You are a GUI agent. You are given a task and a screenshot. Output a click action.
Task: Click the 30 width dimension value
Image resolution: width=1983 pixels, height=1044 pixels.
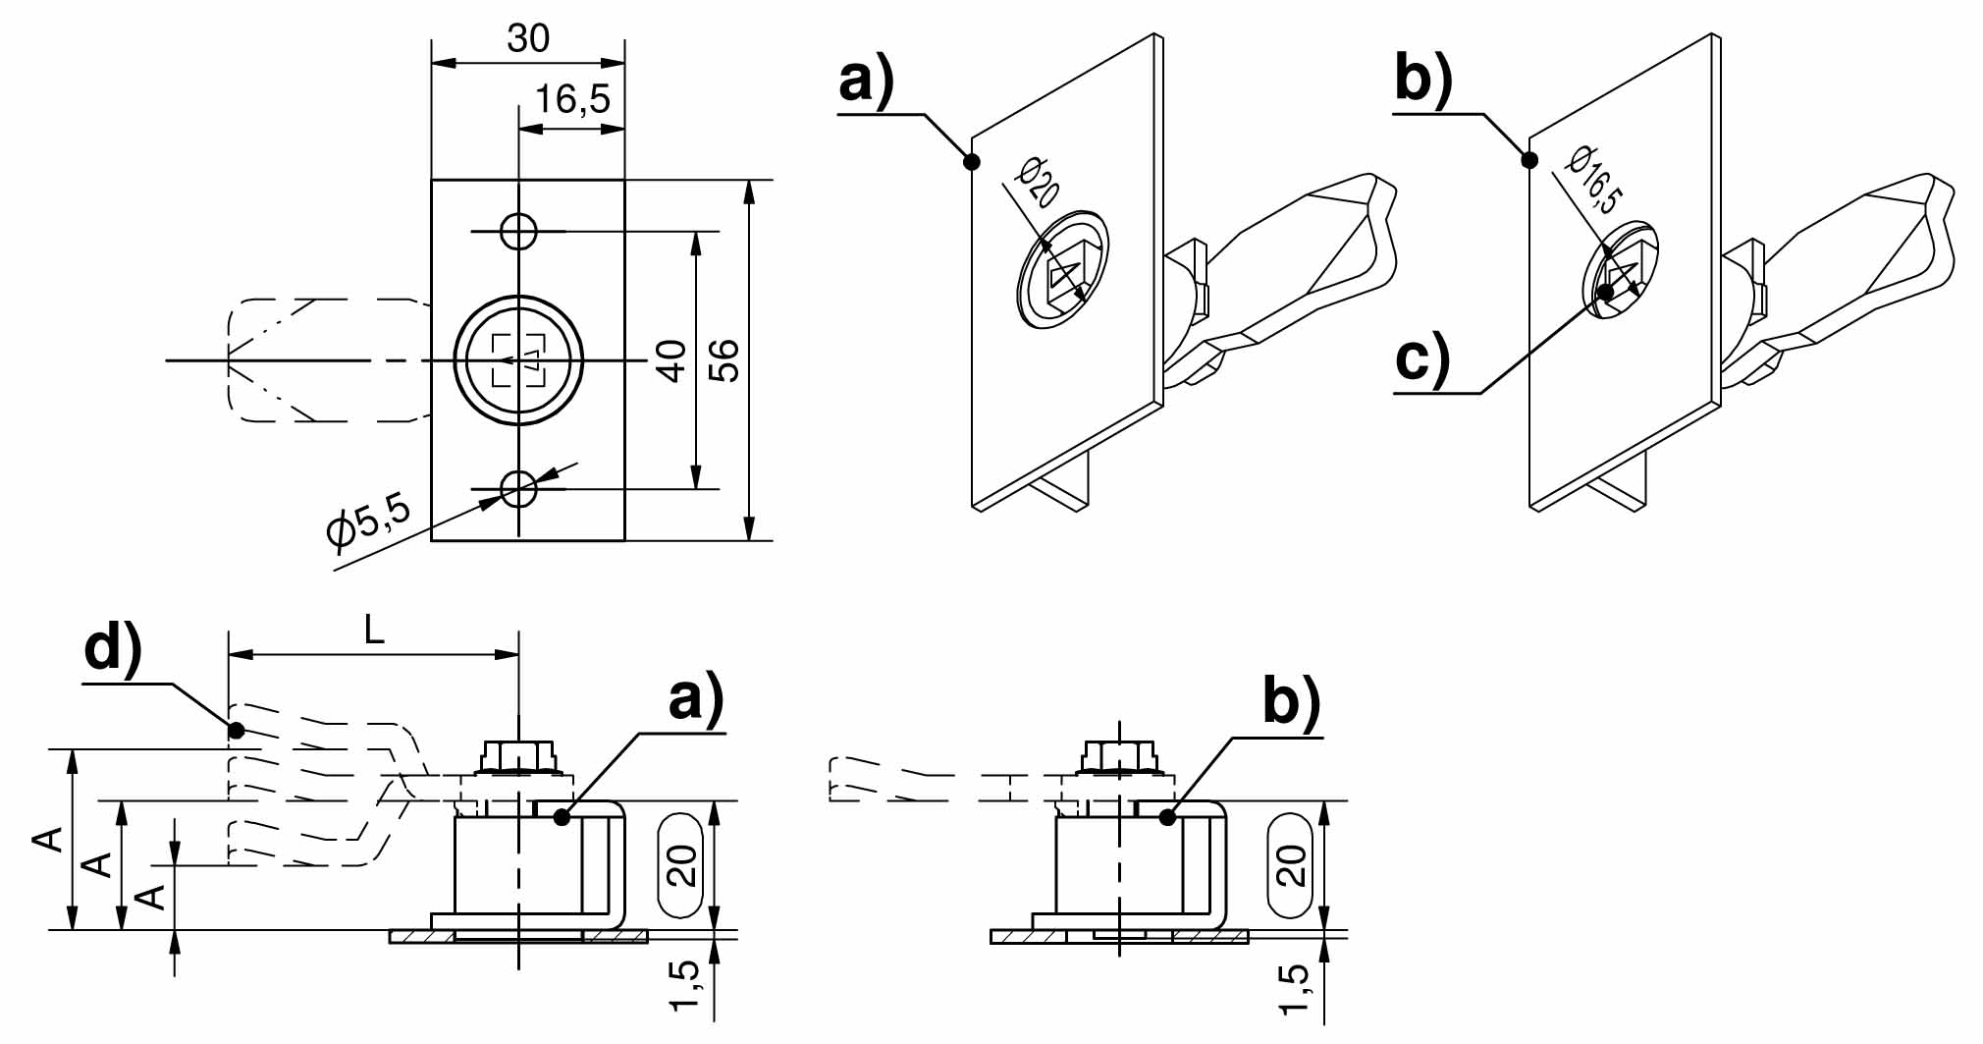pyautogui.click(x=528, y=39)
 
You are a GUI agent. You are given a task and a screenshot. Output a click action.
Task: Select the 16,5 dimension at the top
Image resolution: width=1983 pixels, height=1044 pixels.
pyautogui.click(x=572, y=99)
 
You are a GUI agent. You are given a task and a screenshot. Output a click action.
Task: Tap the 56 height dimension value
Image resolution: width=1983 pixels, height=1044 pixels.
pyautogui.click(x=724, y=360)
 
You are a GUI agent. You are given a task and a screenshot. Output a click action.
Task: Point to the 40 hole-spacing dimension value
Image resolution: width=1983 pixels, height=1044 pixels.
pyautogui.click(x=671, y=360)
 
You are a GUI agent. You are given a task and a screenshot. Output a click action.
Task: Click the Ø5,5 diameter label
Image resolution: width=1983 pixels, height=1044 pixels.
pyautogui.click(x=368, y=522)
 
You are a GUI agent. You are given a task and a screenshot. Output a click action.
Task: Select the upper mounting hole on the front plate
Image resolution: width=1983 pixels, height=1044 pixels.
pyautogui.click(x=518, y=232)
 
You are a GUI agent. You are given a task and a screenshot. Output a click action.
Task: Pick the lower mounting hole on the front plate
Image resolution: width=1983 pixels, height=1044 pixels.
pyautogui.click(x=518, y=487)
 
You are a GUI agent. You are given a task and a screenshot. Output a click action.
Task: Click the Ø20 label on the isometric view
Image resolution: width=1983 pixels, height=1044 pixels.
pyautogui.click(x=1039, y=182)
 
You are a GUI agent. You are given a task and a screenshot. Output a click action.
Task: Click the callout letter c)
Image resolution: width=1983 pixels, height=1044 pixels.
pyautogui.click(x=1422, y=358)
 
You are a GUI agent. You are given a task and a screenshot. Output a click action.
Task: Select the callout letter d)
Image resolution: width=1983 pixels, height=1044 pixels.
pyautogui.click(x=113, y=649)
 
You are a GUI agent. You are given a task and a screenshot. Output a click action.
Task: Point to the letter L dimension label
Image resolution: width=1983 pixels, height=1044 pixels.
pyautogui.click(x=374, y=631)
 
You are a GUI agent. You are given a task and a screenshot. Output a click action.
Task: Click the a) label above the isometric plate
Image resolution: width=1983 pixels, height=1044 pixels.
pyautogui.click(x=867, y=80)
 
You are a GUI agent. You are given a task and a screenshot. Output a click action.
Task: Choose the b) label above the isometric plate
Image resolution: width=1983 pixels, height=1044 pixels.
pyautogui.click(x=1423, y=80)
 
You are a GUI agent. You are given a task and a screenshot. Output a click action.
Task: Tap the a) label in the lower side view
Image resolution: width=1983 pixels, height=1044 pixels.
pyautogui.click(x=696, y=699)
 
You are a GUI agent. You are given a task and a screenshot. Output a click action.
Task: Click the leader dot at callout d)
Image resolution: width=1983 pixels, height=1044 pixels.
pyautogui.click(x=236, y=730)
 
